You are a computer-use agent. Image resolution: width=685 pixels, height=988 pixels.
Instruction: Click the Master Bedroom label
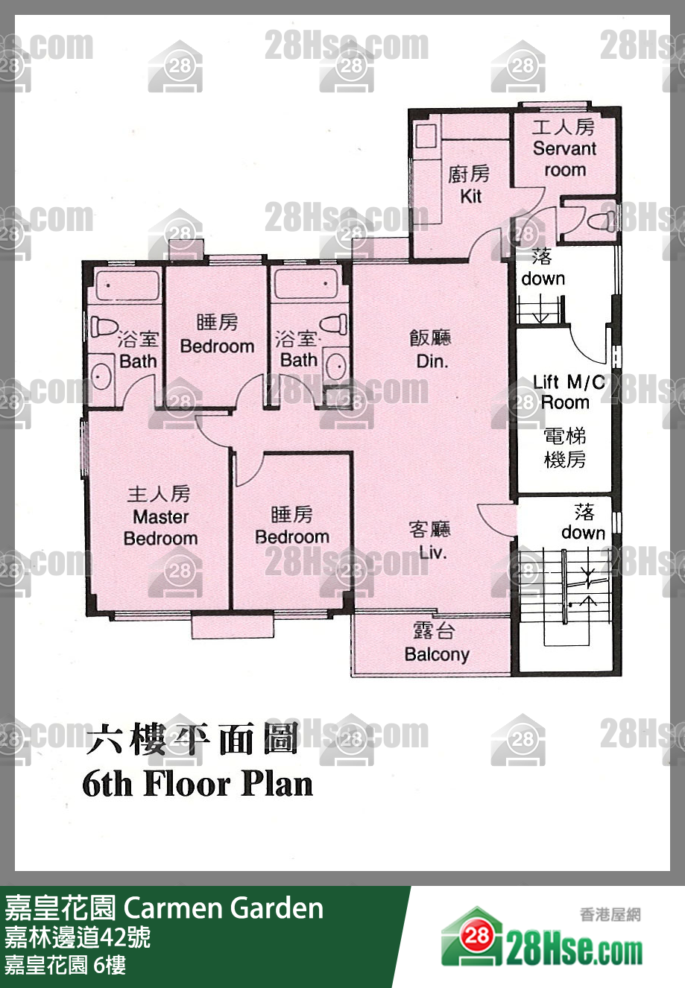click(x=161, y=528)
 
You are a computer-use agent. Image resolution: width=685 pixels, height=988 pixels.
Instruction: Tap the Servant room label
click(x=564, y=159)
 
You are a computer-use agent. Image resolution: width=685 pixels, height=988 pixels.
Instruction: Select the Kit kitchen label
click(x=471, y=196)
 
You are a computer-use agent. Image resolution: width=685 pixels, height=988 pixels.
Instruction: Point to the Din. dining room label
click(x=432, y=361)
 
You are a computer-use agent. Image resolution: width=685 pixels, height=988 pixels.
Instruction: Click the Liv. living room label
click(x=433, y=552)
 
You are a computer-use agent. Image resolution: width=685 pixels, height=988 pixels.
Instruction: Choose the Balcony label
click(x=437, y=654)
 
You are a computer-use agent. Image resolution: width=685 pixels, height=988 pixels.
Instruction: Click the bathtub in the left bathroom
click(x=127, y=285)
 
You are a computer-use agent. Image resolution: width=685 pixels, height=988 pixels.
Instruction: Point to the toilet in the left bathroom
click(x=104, y=326)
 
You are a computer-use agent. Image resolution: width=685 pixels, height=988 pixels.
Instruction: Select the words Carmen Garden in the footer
click(x=224, y=908)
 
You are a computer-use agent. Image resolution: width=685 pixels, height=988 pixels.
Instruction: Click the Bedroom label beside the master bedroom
click(x=292, y=536)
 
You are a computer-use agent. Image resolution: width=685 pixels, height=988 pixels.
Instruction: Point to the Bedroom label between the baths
click(x=217, y=346)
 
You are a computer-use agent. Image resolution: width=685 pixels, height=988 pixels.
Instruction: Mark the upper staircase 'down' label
click(x=543, y=279)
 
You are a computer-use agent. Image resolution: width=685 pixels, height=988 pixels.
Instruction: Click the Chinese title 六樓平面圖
click(x=192, y=738)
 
